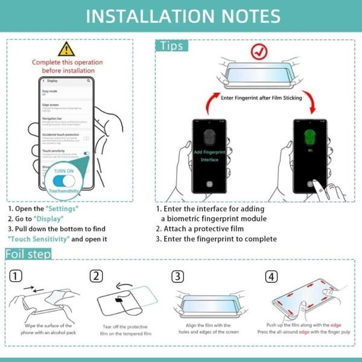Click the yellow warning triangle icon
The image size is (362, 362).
[66, 49]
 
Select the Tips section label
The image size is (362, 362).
[172, 46]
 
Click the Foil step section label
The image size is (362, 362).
[28, 253]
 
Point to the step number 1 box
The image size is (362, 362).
[17, 276]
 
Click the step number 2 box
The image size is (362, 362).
[96, 276]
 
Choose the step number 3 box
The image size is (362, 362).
[177, 276]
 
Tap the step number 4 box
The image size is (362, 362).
[272, 276]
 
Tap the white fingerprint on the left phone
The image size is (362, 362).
[209, 137]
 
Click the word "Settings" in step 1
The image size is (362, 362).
[62, 208]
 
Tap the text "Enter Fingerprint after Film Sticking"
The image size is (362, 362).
[260, 97]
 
